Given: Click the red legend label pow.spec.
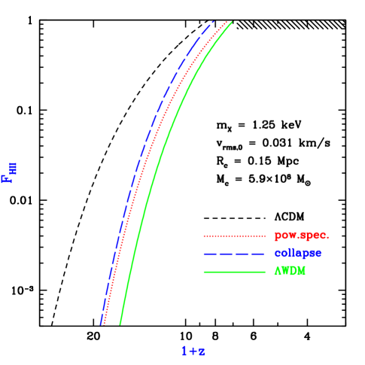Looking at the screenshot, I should click(x=302, y=235).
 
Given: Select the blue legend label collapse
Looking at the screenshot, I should click(x=299, y=253).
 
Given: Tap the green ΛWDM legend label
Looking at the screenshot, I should click(x=290, y=271).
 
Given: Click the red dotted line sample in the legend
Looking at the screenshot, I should click(x=234, y=235).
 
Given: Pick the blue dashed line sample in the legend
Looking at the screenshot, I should click(x=234, y=253).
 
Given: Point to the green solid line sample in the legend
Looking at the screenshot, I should click(x=234, y=271).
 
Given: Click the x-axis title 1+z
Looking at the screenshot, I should click(x=193, y=351).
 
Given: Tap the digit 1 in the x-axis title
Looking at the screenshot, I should click(x=184, y=351).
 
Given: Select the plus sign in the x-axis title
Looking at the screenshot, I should click(x=193, y=351).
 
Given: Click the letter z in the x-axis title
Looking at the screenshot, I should click(x=202, y=352).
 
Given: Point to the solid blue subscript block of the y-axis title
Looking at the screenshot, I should click(x=13, y=167).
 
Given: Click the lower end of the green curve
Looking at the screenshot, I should click(x=120, y=324).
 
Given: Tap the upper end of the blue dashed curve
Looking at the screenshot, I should click(x=214, y=21).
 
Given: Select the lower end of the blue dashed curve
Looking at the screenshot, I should click(x=100, y=324).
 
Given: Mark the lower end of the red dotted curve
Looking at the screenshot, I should click(x=105, y=324).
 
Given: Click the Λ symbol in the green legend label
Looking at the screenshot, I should click(x=277, y=271).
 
